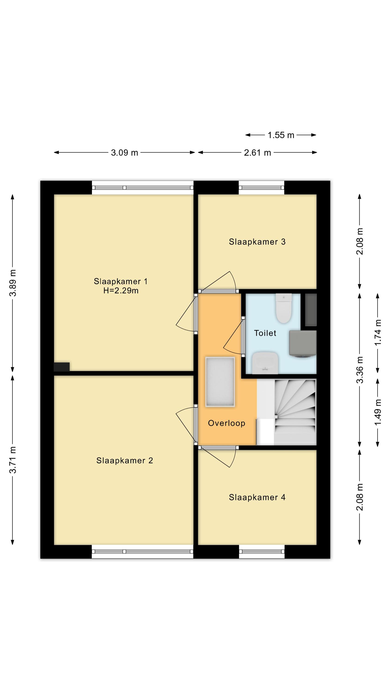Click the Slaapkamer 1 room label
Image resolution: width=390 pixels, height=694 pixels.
[121, 282]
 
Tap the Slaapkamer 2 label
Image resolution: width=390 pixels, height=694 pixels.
[125, 460]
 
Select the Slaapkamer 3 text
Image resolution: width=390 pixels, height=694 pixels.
[257, 242]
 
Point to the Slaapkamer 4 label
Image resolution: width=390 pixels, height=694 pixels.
[257, 497]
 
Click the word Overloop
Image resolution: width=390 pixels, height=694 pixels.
[227, 423]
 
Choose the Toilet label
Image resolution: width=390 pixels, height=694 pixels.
[265, 333]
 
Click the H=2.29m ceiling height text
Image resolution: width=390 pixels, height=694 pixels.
[121, 290]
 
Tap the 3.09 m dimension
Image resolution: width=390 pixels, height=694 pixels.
[125, 153]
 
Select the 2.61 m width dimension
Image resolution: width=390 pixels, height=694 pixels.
[257, 153]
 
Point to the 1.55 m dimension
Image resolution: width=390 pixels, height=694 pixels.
[281, 135]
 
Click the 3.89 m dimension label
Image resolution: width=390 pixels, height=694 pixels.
[13, 283]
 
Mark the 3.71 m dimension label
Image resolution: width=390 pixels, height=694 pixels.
[13, 460]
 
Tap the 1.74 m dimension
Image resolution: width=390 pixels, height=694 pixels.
[378, 332]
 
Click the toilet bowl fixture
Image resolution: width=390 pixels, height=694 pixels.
[284, 308]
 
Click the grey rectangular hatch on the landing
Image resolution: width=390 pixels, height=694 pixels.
[220, 382]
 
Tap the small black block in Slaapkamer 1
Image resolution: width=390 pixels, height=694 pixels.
[62, 367]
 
